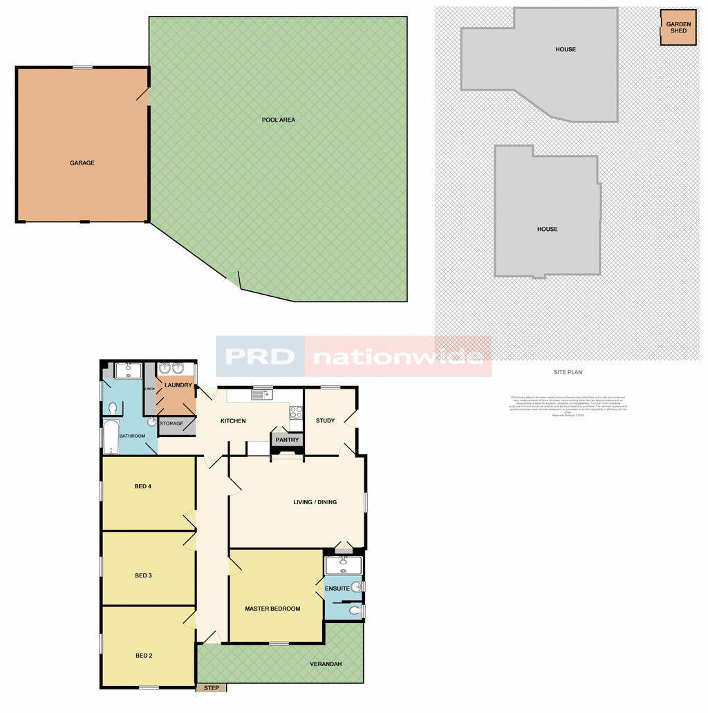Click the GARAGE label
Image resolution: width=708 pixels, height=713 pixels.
coord(82,163)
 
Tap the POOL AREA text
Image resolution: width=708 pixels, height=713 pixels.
coord(279,120)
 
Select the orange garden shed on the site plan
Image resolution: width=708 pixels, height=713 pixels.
coord(678,28)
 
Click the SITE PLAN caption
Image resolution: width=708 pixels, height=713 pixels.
coord(568,372)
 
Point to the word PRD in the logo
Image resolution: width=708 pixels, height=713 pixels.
coord(259,356)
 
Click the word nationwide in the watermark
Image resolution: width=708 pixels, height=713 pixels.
coord(398,357)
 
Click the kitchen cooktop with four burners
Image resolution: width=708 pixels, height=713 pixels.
coord(296,412)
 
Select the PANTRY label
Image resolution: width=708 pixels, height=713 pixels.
coord(287,440)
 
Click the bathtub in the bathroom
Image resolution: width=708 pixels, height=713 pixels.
coord(111,436)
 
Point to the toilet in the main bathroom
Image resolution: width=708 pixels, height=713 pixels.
coord(151,421)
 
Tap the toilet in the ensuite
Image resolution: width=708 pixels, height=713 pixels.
coord(355,611)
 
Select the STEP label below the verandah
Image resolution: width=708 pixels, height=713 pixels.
coord(212,688)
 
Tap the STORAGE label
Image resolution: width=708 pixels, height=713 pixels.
coord(171,423)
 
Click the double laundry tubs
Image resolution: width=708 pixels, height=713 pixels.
coord(171,369)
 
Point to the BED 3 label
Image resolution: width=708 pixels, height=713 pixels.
coord(143,575)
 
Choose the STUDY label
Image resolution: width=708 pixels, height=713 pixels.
coord(326,420)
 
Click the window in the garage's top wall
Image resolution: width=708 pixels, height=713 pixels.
coord(83,67)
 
